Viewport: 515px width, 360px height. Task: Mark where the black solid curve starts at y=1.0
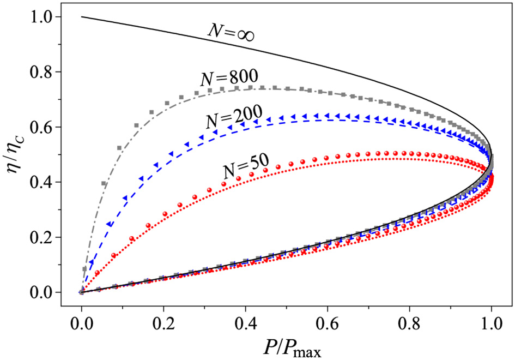[x=82, y=17]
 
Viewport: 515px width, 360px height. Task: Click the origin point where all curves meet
[x=81, y=292]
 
